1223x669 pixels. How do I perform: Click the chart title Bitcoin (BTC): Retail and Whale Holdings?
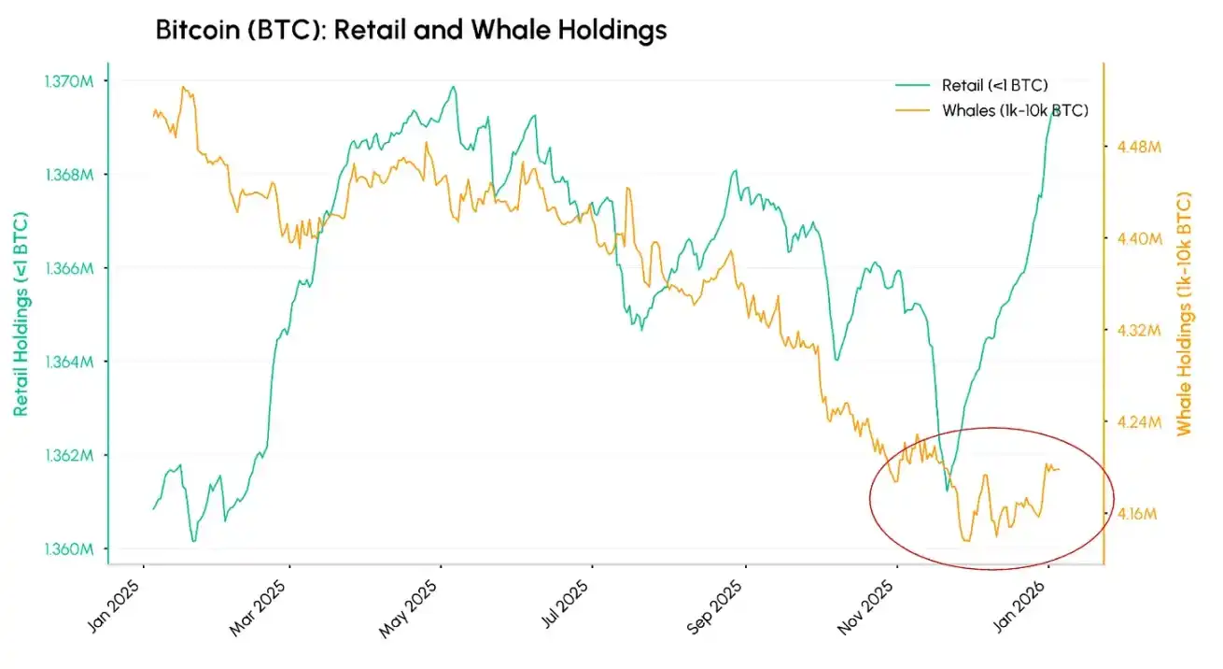(x=411, y=31)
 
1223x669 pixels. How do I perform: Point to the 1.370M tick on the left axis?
(x=68, y=81)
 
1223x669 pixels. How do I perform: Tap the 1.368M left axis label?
(x=68, y=175)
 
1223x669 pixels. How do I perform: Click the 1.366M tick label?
(x=68, y=268)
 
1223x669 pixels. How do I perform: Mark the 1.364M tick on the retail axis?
(x=68, y=362)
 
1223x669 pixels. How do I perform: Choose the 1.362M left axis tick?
(x=68, y=455)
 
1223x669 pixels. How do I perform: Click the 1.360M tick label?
(x=68, y=548)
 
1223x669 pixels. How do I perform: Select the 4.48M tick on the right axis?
(x=1139, y=147)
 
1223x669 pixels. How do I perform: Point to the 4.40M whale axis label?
(x=1139, y=239)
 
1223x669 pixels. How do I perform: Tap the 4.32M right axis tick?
(x=1139, y=330)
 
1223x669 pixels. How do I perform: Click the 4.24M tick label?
(x=1139, y=421)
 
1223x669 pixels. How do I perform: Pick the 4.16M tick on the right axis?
(x=1139, y=514)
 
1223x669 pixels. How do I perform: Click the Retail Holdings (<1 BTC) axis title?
(x=21, y=314)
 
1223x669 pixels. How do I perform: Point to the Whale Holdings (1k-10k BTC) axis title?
(x=1185, y=314)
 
